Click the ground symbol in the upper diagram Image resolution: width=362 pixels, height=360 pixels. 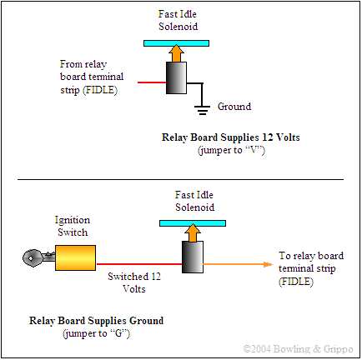(x=202, y=110)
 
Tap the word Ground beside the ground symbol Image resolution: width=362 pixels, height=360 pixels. (x=234, y=107)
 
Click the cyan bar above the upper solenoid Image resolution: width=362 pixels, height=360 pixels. (x=176, y=43)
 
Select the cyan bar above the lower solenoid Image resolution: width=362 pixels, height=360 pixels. (x=193, y=223)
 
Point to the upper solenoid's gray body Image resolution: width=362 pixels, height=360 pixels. (x=176, y=77)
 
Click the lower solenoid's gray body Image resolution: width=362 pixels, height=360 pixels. (x=193, y=257)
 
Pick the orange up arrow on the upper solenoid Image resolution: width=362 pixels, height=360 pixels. (x=176, y=53)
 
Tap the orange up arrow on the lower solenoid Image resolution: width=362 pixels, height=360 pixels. (x=193, y=232)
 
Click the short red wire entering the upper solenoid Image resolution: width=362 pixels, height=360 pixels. (x=152, y=82)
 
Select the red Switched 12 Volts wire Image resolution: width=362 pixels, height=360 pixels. (x=139, y=264)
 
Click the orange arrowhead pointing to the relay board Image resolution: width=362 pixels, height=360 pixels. (x=268, y=264)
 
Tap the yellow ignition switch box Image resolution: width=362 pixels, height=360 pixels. (x=75, y=257)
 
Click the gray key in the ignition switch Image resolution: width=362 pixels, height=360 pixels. (x=38, y=258)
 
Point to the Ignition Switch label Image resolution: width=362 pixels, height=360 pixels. (x=73, y=226)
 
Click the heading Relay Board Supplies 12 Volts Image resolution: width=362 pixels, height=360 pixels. (x=231, y=137)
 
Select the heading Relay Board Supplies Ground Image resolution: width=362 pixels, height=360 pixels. (x=96, y=321)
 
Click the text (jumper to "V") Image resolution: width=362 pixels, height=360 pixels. (x=231, y=150)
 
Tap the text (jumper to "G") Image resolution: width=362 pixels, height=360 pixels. (x=96, y=333)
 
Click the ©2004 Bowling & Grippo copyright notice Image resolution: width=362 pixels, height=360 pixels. (x=298, y=349)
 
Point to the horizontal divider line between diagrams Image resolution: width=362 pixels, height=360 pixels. (x=180, y=179)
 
